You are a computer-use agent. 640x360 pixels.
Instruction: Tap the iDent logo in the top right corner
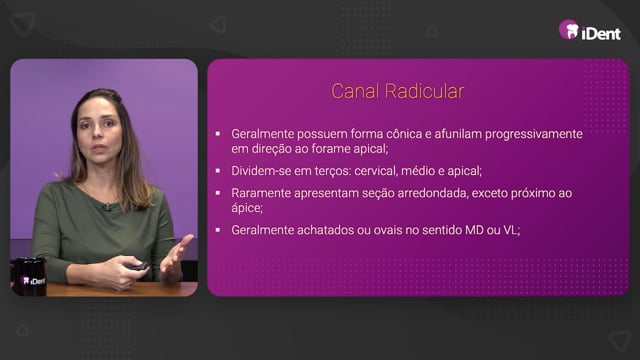click(x=590, y=31)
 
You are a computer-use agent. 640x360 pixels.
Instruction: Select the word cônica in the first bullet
click(x=404, y=134)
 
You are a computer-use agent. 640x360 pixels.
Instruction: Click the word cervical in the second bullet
click(x=376, y=171)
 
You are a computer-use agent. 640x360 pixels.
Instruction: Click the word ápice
click(x=247, y=208)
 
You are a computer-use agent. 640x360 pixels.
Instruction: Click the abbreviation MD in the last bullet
click(x=474, y=230)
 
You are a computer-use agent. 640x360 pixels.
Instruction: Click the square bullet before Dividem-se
click(x=218, y=171)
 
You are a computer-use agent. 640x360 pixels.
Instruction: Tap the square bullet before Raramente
click(x=218, y=193)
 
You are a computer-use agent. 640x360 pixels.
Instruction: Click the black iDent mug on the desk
click(x=29, y=276)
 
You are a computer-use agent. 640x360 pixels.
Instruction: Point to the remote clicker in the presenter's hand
click(x=137, y=266)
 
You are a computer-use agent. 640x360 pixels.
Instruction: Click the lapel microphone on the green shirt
click(x=107, y=207)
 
